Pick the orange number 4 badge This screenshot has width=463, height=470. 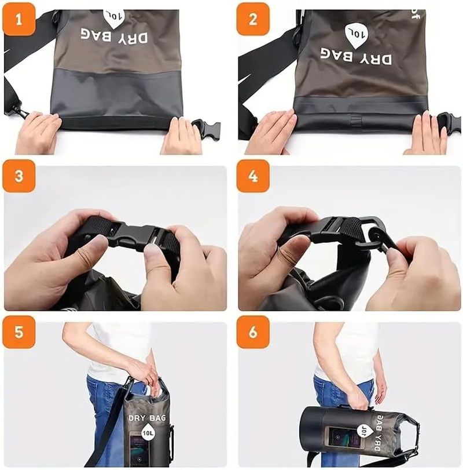[253, 176]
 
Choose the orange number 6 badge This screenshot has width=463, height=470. [253, 333]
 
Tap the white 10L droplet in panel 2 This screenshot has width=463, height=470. [355, 34]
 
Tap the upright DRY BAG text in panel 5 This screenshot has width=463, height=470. [146, 417]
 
